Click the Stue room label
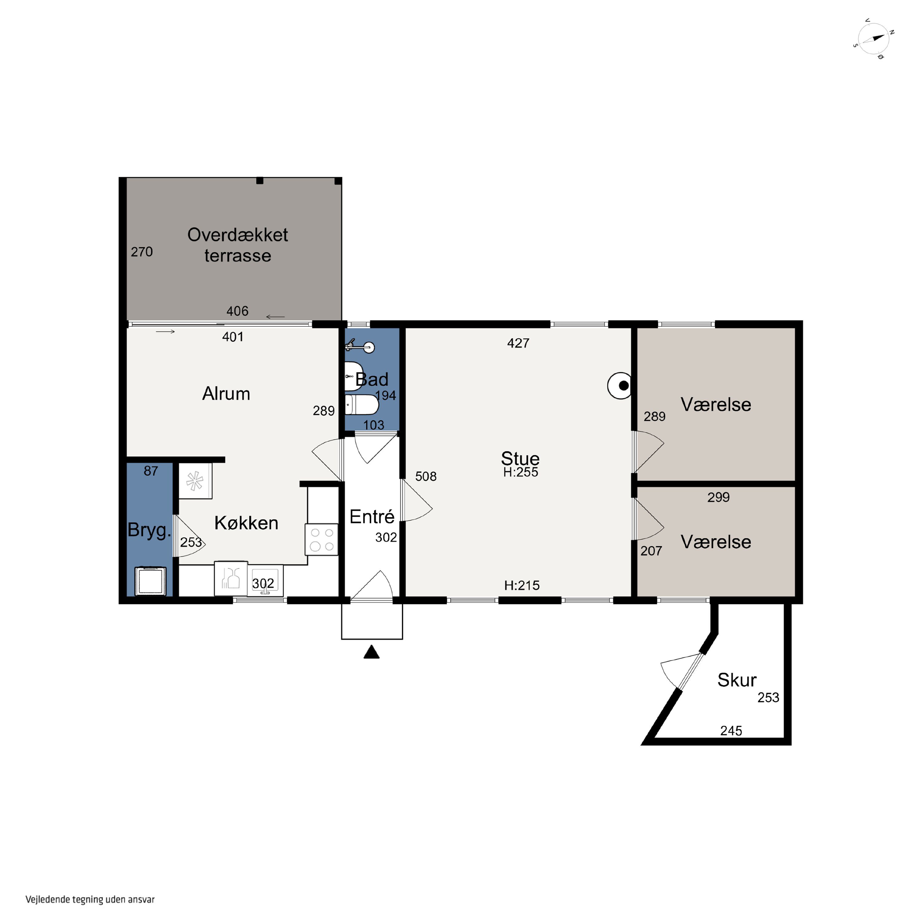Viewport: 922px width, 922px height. click(x=520, y=459)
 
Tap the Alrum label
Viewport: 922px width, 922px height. click(x=226, y=394)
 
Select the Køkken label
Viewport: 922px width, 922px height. click(x=246, y=523)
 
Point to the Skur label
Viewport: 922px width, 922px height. click(x=737, y=680)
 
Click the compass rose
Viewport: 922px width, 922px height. click(x=873, y=39)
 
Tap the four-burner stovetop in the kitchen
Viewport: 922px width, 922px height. click(x=322, y=540)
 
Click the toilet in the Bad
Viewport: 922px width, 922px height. click(x=361, y=405)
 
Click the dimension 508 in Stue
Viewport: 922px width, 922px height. click(x=426, y=476)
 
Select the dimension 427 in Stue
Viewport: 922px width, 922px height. click(x=518, y=343)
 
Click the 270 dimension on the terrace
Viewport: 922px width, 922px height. click(x=142, y=252)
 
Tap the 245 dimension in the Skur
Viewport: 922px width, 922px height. click(x=731, y=731)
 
